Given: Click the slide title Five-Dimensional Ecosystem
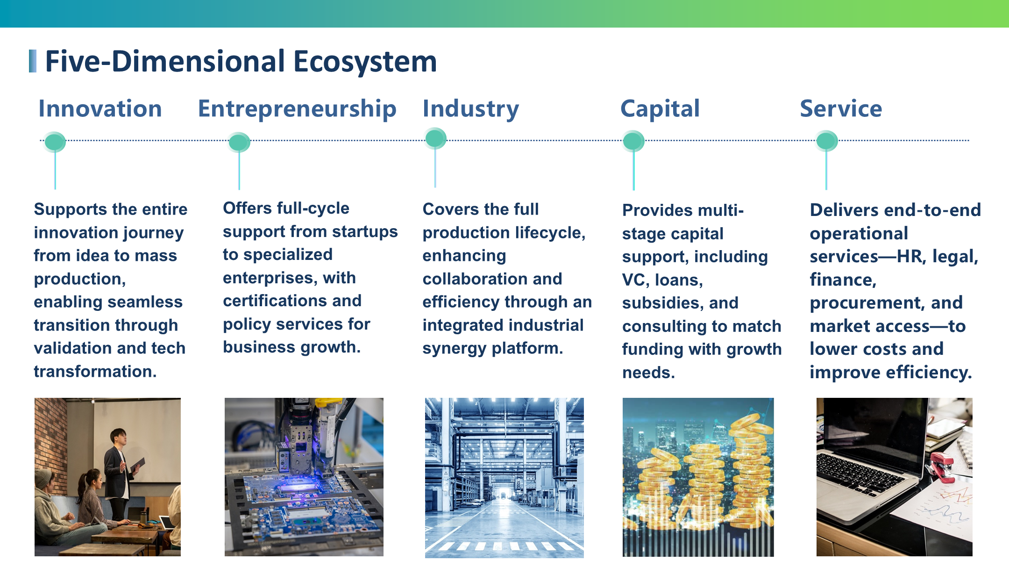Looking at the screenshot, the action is (x=241, y=61).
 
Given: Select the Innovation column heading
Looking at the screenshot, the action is (x=100, y=108).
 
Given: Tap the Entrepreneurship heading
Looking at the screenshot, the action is (x=297, y=109).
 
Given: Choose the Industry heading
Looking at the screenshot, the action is (x=471, y=109).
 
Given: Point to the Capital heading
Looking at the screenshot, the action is (x=660, y=109).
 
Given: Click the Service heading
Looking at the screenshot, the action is (x=841, y=108).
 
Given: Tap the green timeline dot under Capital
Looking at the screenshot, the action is (x=633, y=141).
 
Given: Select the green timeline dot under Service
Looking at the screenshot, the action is (x=826, y=141).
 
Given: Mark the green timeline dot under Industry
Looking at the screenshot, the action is (x=435, y=138).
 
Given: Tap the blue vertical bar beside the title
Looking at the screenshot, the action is (x=33, y=61).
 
